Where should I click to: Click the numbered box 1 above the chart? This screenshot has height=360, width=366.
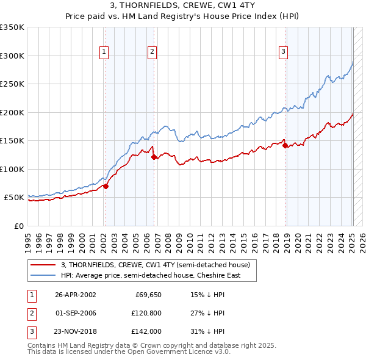(x=105, y=52)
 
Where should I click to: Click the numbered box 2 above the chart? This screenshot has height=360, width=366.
(x=151, y=52)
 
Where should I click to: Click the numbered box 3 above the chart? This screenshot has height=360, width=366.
(x=284, y=52)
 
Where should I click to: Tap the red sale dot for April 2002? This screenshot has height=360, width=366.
(x=106, y=187)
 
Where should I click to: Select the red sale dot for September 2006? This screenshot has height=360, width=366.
(x=153, y=157)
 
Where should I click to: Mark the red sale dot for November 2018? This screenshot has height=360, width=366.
(x=285, y=145)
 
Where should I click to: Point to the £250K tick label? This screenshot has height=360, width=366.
(x=12, y=84)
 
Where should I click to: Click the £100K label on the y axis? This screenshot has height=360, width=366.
(x=12, y=169)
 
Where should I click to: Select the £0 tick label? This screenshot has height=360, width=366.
(x=18, y=226)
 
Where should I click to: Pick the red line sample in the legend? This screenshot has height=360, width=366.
(x=43, y=265)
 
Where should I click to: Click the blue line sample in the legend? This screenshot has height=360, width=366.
(x=43, y=276)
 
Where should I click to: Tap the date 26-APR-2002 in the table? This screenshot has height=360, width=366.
(x=75, y=295)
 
